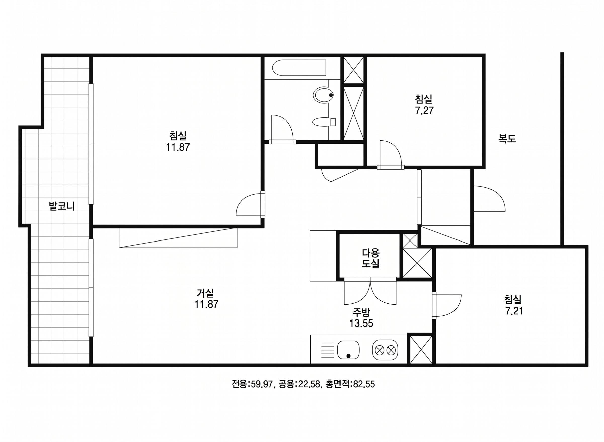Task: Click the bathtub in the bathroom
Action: click(299, 68)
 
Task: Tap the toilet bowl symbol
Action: click(323, 95)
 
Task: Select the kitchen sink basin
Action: click(348, 350)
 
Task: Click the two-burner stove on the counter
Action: click(385, 350)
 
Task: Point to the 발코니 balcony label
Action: click(62, 206)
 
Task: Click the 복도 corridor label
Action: click(507, 139)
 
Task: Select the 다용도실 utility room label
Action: click(371, 258)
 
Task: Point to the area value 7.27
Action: click(424, 110)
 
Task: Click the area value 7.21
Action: click(514, 311)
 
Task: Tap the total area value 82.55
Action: click(364, 384)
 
